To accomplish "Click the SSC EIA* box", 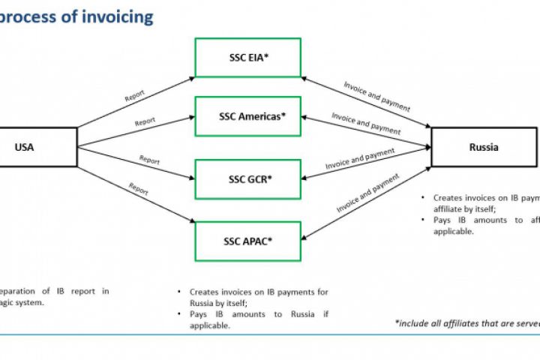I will point(247,57).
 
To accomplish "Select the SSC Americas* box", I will point(247,116).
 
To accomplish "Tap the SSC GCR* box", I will point(247,179).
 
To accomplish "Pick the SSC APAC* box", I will point(247,241).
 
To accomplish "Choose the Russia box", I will point(483,147).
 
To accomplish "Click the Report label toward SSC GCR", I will point(149,160).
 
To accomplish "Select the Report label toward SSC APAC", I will point(139,189).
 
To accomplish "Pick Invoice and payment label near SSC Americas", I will point(366,124).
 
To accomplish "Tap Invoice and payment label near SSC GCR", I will point(360,159).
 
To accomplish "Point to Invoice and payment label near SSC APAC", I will point(368,193).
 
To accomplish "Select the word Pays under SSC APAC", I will point(199,314).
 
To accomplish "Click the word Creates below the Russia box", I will point(447,198).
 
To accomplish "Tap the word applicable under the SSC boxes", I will point(209,325).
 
